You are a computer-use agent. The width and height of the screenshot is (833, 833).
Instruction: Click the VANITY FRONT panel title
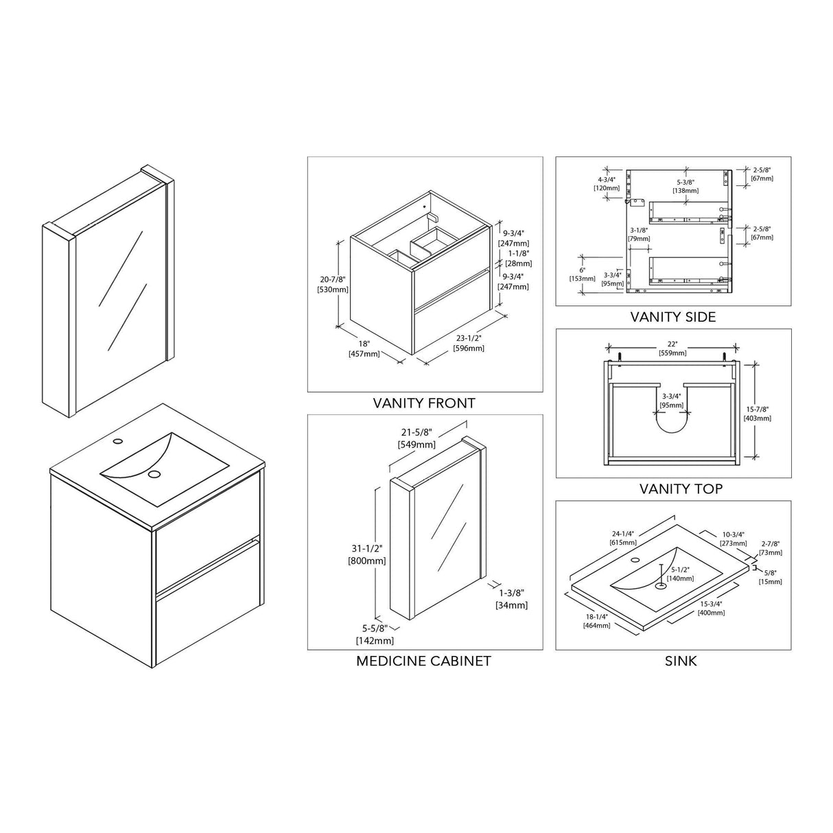[424, 403]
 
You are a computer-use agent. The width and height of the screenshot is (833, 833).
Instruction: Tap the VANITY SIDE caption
[673, 317]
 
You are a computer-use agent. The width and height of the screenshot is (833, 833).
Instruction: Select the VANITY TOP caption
[681, 489]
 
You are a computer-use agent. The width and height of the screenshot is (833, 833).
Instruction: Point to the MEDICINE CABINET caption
[423, 661]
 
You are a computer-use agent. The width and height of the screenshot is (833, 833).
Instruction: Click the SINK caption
[681, 661]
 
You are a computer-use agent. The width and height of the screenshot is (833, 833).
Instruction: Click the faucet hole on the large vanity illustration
[117, 441]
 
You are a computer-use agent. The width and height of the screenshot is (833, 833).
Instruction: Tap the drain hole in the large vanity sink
[154, 474]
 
